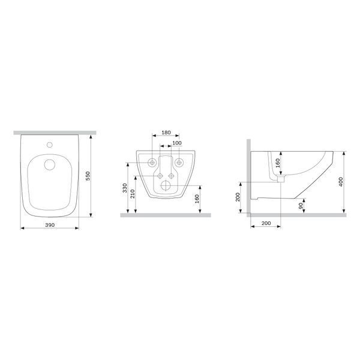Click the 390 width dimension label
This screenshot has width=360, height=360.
[x=50, y=225]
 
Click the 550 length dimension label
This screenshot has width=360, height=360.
[x=88, y=176]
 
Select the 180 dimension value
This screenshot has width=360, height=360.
[x=166, y=133]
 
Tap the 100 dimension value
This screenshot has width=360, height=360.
[x=177, y=143]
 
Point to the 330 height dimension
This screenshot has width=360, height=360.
[x=125, y=188]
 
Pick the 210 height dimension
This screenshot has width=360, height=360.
[x=133, y=194]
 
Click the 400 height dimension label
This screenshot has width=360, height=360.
[x=341, y=182]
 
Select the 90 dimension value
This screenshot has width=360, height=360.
[x=301, y=206]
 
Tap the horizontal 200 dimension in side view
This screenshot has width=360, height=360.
[x=266, y=223]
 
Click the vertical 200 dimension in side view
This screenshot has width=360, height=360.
[x=238, y=197]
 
